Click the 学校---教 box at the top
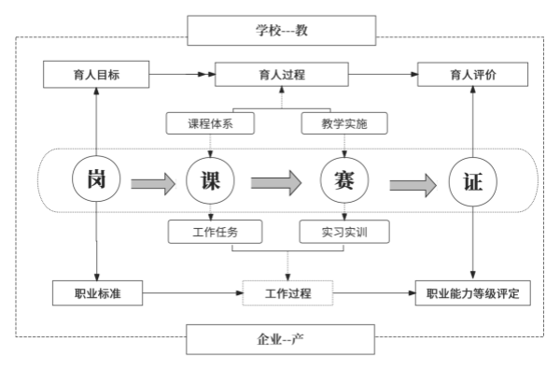click(x=282, y=30)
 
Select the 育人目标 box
click(x=96, y=74)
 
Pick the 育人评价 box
click(x=471, y=74)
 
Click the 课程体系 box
click(x=211, y=122)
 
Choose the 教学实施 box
click(x=343, y=122)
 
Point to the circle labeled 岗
click(x=96, y=180)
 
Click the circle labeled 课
click(x=211, y=180)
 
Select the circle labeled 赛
click(x=343, y=180)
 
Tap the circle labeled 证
click(x=471, y=180)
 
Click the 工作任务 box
click(x=215, y=231)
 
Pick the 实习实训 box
click(x=343, y=231)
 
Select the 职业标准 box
click(x=96, y=293)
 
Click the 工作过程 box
click(x=288, y=293)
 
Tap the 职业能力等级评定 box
click(x=471, y=293)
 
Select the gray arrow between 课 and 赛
click(x=276, y=181)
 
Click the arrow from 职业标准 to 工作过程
click(x=191, y=293)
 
